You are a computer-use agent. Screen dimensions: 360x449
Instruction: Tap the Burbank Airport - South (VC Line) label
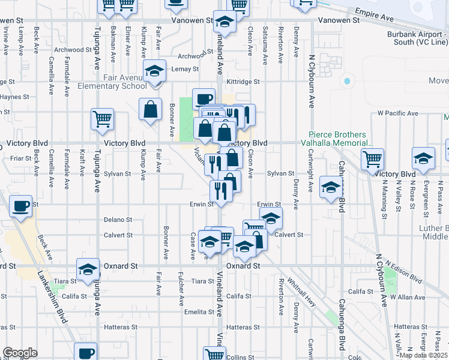click(418, 38)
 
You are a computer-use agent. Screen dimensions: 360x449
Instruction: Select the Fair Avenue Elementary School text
click(112, 82)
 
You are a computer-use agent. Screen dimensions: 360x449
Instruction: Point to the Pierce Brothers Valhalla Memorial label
click(342, 139)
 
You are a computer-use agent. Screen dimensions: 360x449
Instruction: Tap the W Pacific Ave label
click(397, 113)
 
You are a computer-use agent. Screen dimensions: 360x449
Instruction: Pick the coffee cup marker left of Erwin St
click(22, 206)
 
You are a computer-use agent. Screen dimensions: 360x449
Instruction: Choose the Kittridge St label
click(243, 82)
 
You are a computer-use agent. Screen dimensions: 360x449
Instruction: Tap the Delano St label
click(118, 220)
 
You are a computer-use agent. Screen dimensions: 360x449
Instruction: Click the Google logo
click(20, 352)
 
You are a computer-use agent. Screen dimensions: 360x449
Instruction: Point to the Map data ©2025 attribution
click(423, 355)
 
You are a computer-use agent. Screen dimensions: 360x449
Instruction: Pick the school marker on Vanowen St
click(224, 22)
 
